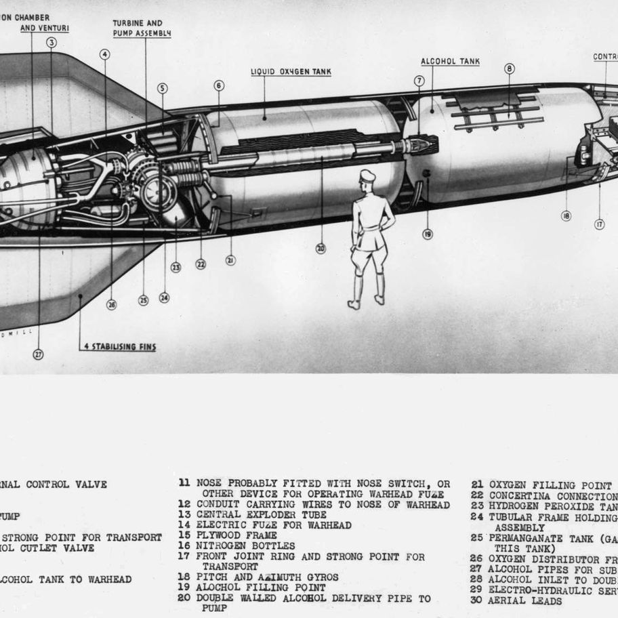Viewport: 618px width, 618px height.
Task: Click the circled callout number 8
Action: point(509,68)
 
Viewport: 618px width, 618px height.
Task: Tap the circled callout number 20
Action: point(321,249)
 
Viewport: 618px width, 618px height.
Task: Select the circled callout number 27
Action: point(38,353)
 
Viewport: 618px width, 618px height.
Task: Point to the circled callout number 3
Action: point(52,43)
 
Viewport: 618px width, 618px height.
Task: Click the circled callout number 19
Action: point(428,234)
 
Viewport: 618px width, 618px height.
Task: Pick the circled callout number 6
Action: point(219,85)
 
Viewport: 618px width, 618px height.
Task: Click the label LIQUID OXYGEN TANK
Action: point(291,70)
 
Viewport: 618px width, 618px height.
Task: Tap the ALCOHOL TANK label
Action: point(450,61)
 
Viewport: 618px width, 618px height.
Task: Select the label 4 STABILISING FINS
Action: point(119,347)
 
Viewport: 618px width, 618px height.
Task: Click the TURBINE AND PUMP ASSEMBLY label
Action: point(138,28)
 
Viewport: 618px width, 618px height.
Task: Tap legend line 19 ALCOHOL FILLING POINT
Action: point(260,588)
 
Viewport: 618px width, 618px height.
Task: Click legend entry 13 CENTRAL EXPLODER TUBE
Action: point(261,515)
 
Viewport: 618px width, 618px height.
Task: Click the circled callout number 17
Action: point(599,224)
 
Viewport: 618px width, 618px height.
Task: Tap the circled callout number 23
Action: point(176,267)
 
